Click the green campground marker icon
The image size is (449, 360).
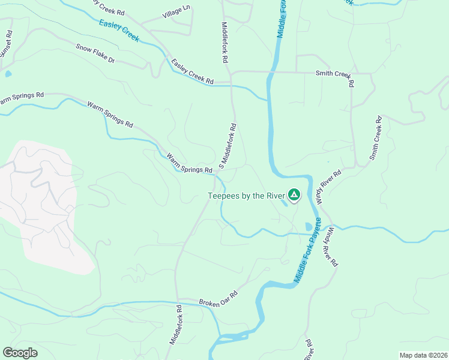(x=294, y=195)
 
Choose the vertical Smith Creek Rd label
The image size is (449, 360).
(x=375, y=138)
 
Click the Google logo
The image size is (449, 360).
(x=20, y=352)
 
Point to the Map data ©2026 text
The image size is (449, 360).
(x=423, y=355)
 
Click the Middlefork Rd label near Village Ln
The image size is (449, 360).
(x=225, y=43)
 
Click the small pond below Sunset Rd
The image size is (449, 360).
(x=7, y=74)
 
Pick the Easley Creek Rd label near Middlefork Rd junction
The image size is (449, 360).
(x=192, y=71)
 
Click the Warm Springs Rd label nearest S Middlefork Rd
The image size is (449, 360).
(x=190, y=163)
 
